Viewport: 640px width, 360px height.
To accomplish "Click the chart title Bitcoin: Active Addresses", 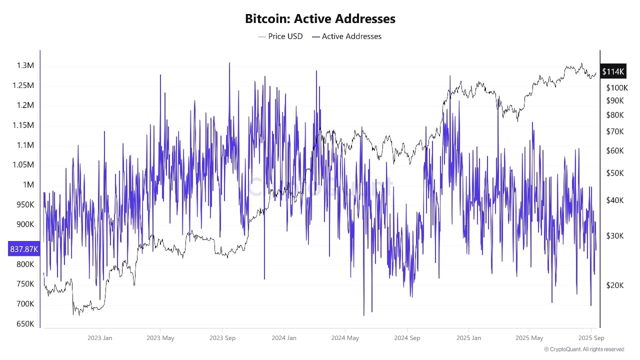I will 320,19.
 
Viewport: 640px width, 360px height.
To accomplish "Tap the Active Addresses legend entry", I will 346,36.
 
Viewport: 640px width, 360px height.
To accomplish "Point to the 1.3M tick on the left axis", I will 25,66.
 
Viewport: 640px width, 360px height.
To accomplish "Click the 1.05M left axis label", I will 23,165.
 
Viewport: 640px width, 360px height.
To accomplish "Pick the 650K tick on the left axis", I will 25,324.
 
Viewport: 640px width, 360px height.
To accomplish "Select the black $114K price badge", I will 613,71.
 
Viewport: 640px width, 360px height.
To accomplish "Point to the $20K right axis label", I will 615,285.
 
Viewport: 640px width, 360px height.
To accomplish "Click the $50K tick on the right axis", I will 615,173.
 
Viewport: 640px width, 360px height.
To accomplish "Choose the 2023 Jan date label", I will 100,338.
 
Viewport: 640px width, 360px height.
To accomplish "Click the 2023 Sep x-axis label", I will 222,338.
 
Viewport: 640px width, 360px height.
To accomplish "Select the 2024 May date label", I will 345,338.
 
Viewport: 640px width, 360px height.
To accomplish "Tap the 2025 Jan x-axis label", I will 469,338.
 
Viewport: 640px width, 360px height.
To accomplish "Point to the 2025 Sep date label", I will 591,338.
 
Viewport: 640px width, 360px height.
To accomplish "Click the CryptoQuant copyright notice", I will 583,349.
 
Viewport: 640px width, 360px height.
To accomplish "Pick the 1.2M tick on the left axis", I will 25,105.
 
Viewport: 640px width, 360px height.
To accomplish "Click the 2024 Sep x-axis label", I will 407,338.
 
